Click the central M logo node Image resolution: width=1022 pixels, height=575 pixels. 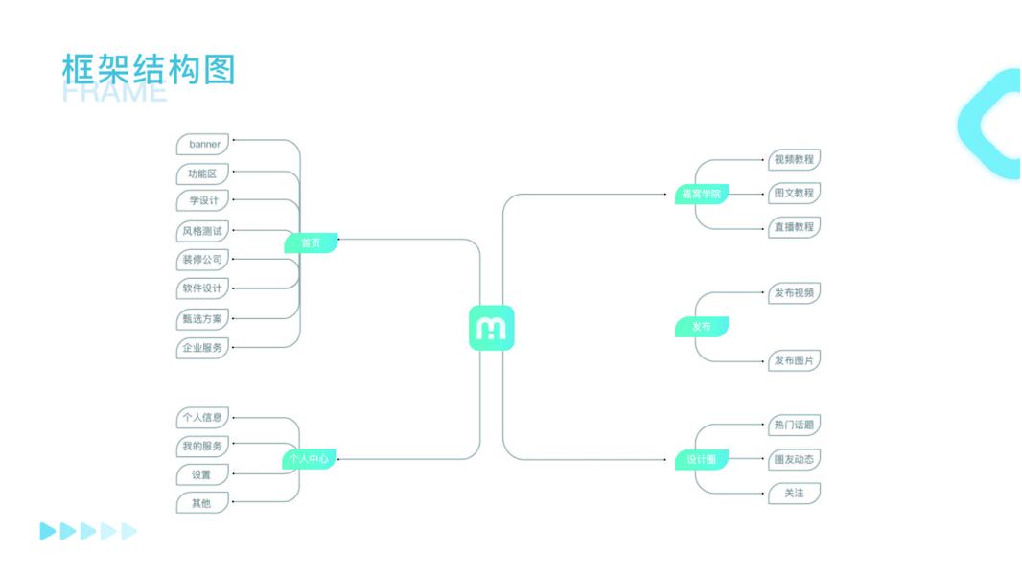pos(491,328)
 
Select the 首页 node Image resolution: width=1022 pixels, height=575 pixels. pos(311,243)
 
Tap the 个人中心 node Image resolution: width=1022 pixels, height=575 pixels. pos(309,459)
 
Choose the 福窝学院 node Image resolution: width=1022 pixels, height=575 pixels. pos(701,194)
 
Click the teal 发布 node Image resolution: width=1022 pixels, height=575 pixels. pos(702,327)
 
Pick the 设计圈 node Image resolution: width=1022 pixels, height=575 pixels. pos(701,459)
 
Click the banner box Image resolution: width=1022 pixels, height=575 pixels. pos(203,145)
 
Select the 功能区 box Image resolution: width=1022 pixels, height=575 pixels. pos(203,174)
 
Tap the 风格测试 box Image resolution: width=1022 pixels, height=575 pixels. pos(203,231)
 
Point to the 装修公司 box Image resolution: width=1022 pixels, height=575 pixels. pos(203,260)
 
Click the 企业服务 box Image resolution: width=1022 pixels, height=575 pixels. pos(203,348)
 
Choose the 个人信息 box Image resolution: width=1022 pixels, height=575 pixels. pos(203,417)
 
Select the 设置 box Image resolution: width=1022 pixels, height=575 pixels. pos(203,474)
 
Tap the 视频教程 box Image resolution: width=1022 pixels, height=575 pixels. pos(794,159)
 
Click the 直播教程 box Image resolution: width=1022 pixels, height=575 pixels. pos(794,227)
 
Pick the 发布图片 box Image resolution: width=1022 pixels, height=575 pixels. pos(794,361)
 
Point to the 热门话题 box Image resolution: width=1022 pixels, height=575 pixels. pos(794,425)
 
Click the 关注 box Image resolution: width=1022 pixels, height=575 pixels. pos(794,494)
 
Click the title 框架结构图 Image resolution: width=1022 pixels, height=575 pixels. pos(148,70)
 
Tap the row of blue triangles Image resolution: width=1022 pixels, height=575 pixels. pos(88,531)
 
